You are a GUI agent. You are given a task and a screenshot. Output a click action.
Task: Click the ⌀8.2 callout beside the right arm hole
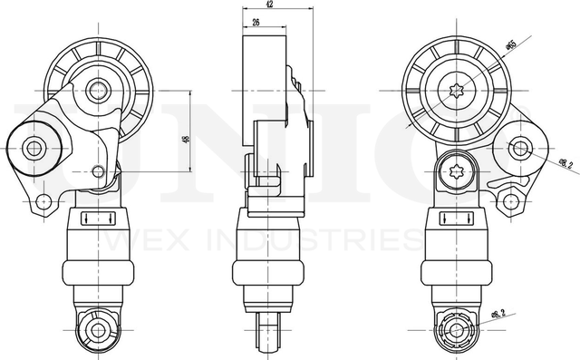tap(565, 164)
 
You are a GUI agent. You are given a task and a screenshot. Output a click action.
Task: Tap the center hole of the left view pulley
tap(98, 90)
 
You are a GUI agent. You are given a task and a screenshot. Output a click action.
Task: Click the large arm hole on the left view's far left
tap(35, 147)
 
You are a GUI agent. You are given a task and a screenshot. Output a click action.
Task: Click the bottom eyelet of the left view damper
tap(97, 330)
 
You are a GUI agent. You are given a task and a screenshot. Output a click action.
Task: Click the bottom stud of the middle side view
tap(270, 331)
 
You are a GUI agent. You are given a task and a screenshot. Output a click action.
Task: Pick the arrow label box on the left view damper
tap(97, 218)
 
